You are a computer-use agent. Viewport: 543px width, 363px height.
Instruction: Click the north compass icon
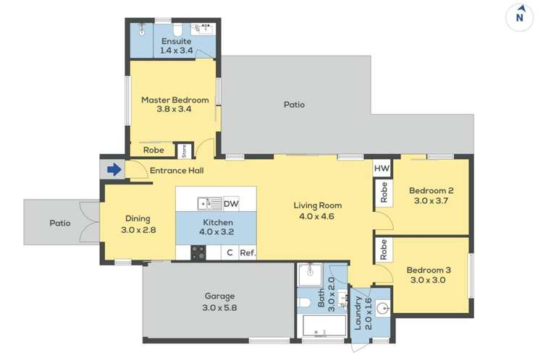[x=519, y=17]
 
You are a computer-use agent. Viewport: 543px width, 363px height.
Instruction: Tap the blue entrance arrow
[x=114, y=170]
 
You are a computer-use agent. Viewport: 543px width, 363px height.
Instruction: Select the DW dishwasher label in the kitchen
[x=231, y=204]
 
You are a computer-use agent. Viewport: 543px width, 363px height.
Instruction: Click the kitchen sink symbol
[x=209, y=204]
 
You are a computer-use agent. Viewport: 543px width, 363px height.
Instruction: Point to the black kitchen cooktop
[x=198, y=252]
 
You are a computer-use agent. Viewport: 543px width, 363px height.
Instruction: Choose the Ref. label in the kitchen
[x=248, y=252]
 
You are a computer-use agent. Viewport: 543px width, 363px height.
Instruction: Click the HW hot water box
[x=382, y=168]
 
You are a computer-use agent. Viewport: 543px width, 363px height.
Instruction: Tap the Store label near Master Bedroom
[x=184, y=151]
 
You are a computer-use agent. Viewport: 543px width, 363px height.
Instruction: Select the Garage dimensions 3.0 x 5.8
[x=219, y=307]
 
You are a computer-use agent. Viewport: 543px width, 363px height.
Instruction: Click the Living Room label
[x=318, y=205]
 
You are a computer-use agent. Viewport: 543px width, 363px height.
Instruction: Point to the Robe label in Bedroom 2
[x=384, y=192]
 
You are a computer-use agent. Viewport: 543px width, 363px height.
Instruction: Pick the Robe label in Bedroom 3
[x=384, y=249]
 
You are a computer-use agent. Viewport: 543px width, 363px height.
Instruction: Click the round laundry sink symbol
[x=383, y=307]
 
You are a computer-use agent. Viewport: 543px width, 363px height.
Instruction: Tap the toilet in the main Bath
[x=303, y=303]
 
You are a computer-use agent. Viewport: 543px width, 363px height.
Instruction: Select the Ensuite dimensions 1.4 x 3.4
[x=176, y=51]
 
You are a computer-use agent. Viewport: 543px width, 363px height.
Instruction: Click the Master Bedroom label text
[x=175, y=100]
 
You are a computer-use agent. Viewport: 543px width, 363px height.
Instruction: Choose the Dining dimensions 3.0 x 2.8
[x=138, y=229]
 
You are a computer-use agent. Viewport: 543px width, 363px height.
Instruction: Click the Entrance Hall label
[x=177, y=171]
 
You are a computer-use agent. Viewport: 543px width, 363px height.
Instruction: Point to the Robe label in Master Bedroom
[x=153, y=150]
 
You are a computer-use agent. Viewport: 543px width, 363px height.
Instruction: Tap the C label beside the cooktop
[x=230, y=252]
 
